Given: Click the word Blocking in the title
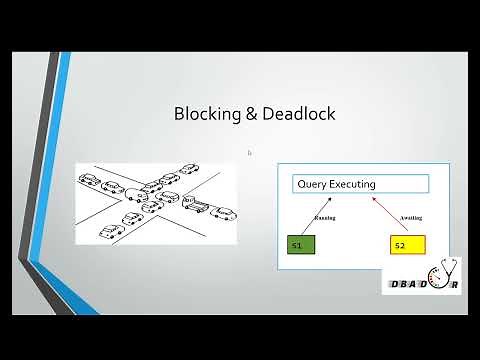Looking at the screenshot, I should coord(205,114).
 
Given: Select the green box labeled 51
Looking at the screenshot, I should coord(301,244).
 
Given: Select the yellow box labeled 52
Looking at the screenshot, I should coord(408,244).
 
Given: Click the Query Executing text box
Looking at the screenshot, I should coord(360,184).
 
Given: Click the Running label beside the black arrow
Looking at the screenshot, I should coord(326,217).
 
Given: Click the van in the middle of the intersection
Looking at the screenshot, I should coord(137,194).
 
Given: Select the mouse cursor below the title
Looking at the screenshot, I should coord(249,153).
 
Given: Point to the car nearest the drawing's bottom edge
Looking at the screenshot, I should coord(109,233).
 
